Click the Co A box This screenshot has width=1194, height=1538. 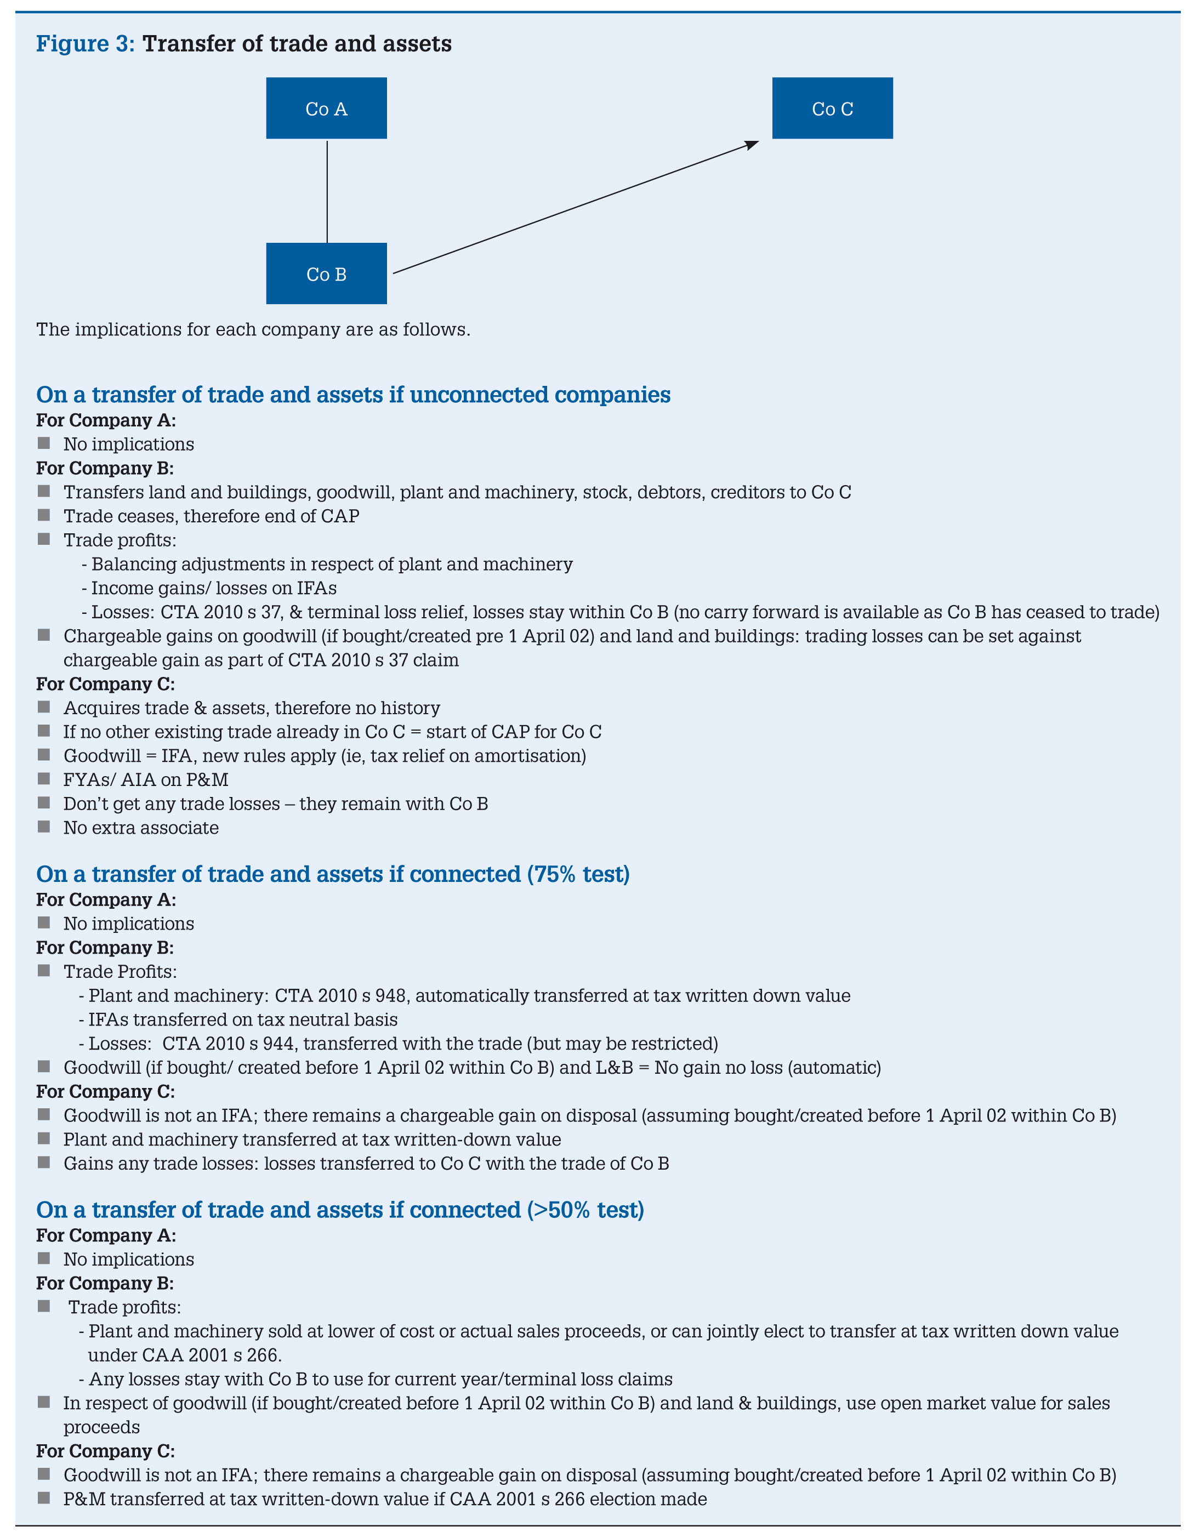pyautogui.click(x=326, y=109)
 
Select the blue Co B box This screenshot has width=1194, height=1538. pyautogui.click(x=326, y=274)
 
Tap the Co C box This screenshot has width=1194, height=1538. pyautogui.click(x=832, y=109)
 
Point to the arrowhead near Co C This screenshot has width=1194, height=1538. pyautogui.click(x=752, y=144)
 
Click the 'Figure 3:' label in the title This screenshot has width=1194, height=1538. pyautogui.click(x=85, y=44)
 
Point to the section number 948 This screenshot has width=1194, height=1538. pyautogui.click(x=390, y=996)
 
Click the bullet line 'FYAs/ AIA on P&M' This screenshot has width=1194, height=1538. pyautogui.click(x=146, y=779)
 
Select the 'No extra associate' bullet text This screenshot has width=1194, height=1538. pyautogui.click(x=141, y=828)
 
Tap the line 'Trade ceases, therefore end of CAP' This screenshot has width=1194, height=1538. pyautogui.click(x=211, y=516)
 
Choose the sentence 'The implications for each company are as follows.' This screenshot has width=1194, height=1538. pyautogui.click(x=253, y=329)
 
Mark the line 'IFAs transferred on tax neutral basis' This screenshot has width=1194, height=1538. pyautogui.click(x=243, y=1019)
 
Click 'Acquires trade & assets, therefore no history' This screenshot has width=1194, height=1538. pyautogui.click(x=252, y=708)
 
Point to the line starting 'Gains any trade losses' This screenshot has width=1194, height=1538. pyautogui.click(x=366, y=1163)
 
